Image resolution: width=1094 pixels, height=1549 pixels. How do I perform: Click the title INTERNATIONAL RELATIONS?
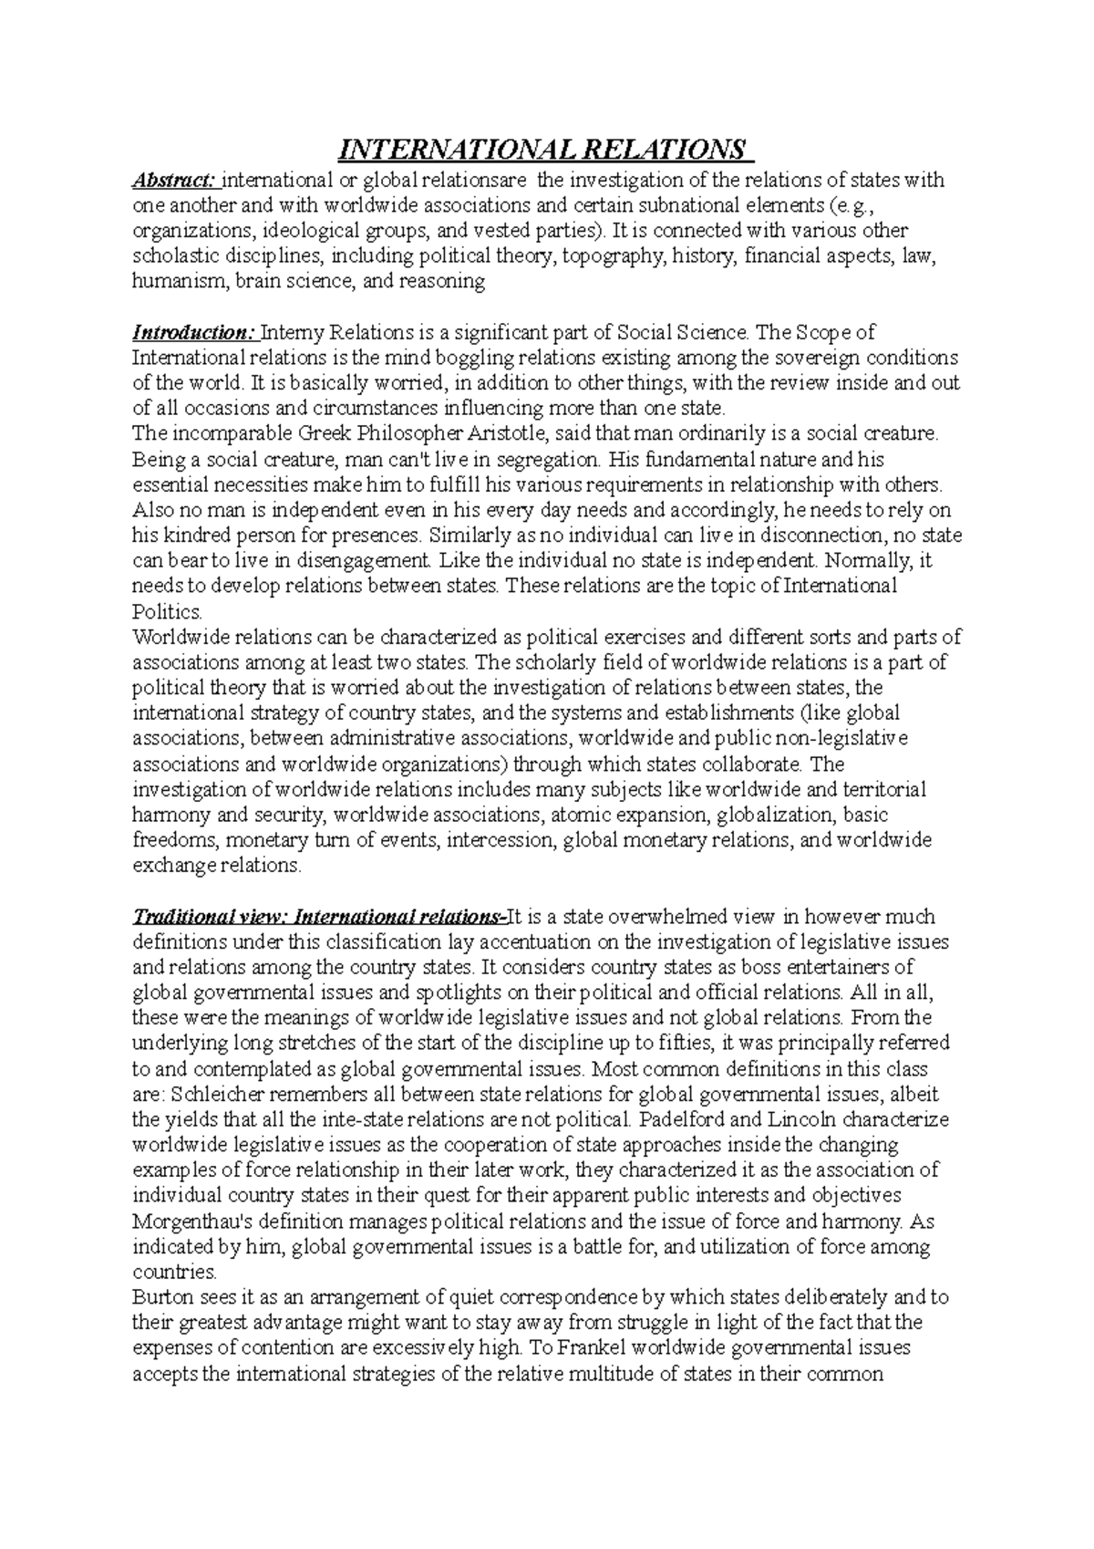542,149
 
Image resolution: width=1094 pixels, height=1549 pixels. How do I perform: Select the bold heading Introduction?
194,332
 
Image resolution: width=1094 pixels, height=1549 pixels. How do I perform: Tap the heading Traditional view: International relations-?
318,916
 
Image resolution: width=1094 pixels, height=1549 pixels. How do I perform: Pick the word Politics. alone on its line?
162,611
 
